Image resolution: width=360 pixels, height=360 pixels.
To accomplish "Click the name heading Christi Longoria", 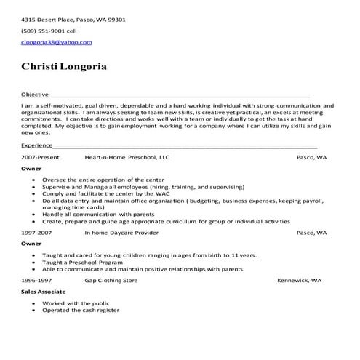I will pos(64,67).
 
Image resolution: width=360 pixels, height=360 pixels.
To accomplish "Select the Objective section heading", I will pos(35,95).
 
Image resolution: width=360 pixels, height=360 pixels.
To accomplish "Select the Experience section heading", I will pos(37,145).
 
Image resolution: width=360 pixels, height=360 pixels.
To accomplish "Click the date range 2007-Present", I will pos(39,156).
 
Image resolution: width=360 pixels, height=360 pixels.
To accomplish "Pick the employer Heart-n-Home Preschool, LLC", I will pos(127,156).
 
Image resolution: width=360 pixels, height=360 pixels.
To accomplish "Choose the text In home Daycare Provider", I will pos(121,233).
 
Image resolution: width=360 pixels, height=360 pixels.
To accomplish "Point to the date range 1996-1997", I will pos(36,279).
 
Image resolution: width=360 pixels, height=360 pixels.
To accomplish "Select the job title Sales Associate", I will pos(41,291).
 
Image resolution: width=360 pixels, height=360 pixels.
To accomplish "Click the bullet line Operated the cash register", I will pos(81,310).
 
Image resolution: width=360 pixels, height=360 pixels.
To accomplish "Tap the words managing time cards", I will pos(69,207).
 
